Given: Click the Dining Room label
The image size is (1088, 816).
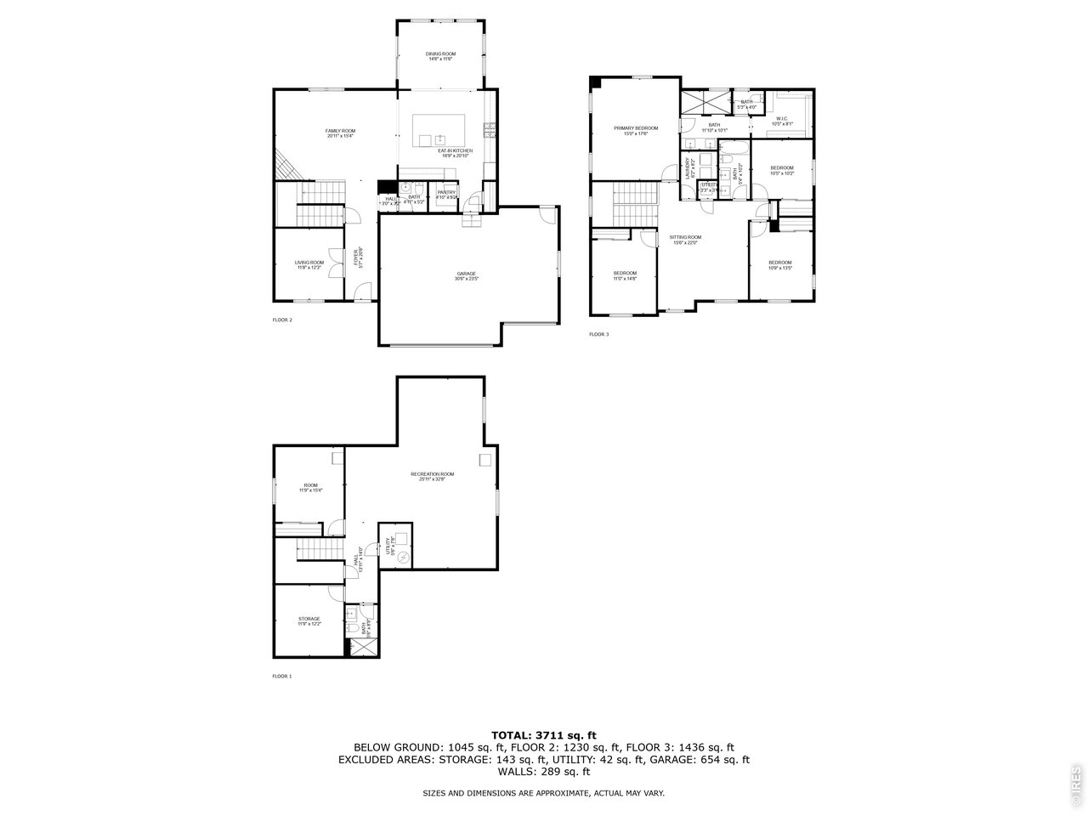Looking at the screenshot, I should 440,56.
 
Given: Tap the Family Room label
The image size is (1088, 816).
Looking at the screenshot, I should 340,133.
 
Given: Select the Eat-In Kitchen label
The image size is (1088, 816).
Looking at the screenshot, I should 455,153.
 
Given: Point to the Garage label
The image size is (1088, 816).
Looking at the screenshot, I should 466,275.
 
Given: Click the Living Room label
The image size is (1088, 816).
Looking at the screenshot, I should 309,264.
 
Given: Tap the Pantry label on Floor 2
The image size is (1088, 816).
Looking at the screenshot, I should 446,195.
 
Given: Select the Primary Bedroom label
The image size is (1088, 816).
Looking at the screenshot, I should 636,130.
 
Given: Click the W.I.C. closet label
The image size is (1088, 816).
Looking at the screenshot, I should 782,121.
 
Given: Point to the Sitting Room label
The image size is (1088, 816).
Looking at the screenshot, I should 685,239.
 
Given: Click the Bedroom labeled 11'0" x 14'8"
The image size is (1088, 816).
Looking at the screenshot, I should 625,275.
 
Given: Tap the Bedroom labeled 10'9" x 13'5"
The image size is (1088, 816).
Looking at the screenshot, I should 779,264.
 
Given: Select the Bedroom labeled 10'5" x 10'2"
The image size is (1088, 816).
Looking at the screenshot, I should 781,170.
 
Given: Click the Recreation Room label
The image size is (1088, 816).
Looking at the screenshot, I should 432,476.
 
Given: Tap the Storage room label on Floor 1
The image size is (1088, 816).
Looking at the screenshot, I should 309,620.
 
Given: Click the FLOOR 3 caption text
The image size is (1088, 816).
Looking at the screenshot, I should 598,334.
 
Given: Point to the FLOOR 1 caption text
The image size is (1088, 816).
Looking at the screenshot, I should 281,676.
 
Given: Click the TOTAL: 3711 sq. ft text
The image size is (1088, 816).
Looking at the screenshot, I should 544,734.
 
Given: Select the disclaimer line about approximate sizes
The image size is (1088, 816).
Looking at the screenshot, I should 544,792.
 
